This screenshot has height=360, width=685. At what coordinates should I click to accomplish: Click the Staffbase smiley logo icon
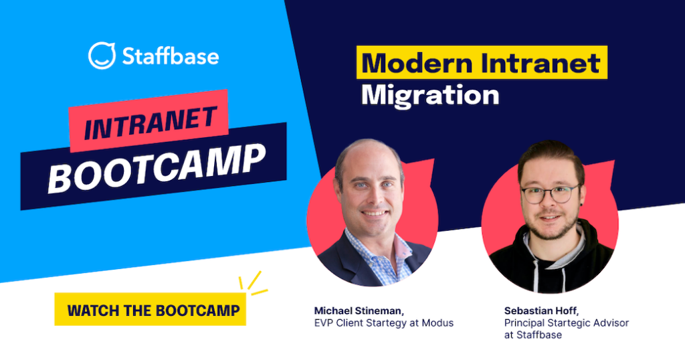(102, 56)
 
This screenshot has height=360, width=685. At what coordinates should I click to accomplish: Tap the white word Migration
(430, 94)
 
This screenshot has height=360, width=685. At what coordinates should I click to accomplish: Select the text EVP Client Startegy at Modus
(384, 323)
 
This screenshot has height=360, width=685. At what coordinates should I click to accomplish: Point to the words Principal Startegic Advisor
(567, 323)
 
